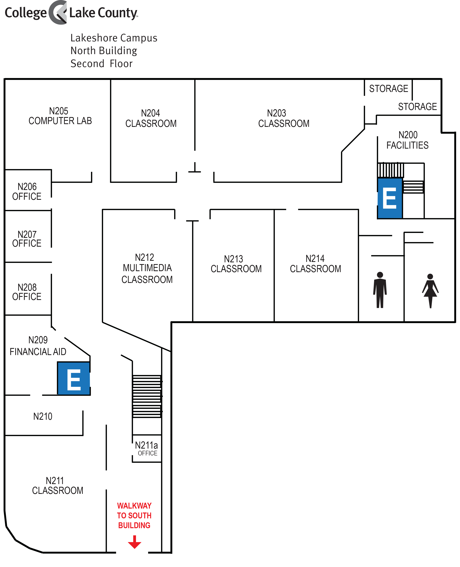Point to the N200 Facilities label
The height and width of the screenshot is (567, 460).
pos(407,140)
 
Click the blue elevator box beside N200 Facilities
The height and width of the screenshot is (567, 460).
pos(390,198)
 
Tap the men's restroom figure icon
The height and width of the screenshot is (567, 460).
pos(380,290)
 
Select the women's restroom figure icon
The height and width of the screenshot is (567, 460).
pos(430,291)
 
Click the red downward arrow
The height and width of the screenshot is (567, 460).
pos(135,542)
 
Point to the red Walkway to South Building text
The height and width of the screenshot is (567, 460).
pos(134,515)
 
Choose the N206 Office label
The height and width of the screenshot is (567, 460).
pos(27,191)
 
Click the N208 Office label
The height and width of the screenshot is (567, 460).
pos(27,292)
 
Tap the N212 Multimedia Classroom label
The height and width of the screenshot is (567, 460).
pos(147,268)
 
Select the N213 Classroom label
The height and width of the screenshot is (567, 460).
pos(236,264)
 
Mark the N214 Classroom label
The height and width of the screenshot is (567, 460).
pos(315,264)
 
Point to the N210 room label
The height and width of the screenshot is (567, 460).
pos(43,416)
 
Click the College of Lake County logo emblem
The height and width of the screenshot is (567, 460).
pos(58,13)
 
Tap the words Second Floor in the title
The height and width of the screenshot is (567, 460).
pos(102,64)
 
